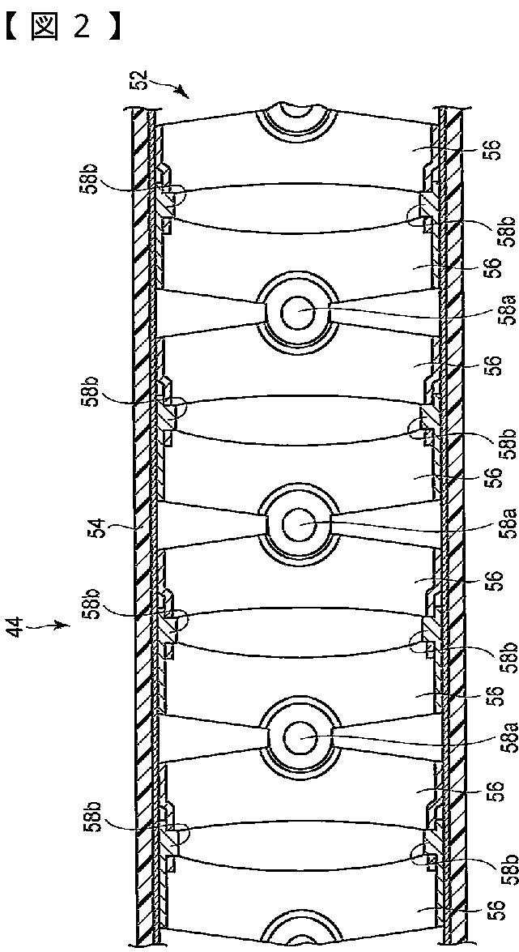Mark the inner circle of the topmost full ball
[296, 311]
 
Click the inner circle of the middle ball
[296, 524]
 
